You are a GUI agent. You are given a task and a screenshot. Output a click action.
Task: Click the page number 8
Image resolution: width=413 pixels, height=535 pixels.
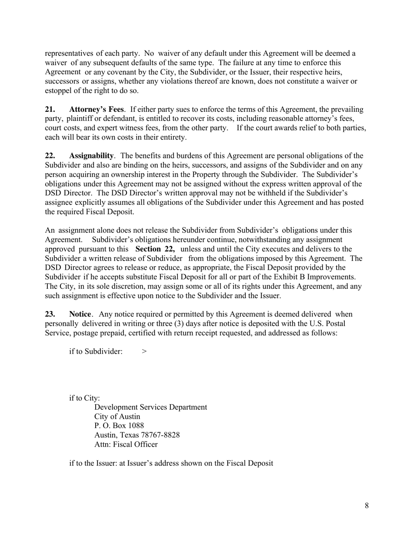tap(367, 505)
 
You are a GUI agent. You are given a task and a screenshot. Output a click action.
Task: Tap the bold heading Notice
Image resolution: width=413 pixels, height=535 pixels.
tap(80, 314)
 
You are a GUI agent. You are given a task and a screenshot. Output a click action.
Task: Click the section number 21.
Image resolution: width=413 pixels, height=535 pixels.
tap(51, 109)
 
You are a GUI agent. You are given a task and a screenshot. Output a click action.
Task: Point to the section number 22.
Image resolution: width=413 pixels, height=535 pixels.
tap(51, 156)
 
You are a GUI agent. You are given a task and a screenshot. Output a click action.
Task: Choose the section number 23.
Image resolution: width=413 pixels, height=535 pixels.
tap(51, 314)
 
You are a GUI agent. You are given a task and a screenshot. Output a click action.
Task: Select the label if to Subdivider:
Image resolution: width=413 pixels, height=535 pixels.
tap(96, 351)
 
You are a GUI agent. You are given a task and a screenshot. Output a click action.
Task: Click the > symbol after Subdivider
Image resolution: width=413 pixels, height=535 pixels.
tap(144, 351)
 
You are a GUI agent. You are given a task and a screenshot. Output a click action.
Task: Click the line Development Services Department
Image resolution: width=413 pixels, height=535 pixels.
tap(150, 407)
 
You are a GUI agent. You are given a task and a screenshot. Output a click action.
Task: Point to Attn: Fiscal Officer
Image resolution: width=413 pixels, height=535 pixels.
tap(126, 445)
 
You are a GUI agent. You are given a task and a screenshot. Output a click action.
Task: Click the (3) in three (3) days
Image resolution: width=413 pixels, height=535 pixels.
tap(173, 324)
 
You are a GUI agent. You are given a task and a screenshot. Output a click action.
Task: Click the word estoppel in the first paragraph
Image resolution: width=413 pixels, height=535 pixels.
tap(59, 90)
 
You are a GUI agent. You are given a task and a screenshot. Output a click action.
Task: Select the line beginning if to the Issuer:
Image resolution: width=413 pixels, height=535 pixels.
tap(171, 463)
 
